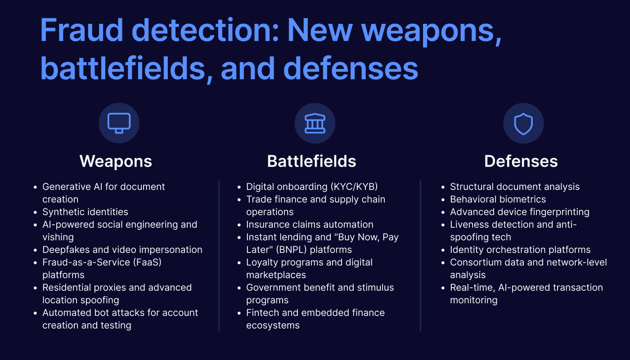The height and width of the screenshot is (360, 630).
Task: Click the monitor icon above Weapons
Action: pyautogui.click(x=119, y=123)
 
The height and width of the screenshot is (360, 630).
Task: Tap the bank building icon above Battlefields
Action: pyautogui.click(x=315, y=123)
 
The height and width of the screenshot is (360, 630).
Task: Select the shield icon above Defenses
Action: pyautogui.click(x=523, y=123)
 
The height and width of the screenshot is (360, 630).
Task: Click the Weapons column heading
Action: pyautogui.click(x=116, y=161)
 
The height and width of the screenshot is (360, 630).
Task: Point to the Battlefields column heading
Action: pyautogui.click(x=311, y=161)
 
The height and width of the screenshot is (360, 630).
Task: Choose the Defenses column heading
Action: pyautogui.click(x=521, y=161)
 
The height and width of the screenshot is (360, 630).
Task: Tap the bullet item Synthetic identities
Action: pyautogui.click(x=85, y=212)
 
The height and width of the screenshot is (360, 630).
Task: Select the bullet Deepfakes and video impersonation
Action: pyautogui.click(x=122, y=250)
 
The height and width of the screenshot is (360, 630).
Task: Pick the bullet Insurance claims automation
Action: pyautogui.click(x=310, y=225)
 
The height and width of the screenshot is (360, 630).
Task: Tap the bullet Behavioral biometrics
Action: pyautogui.click(x=498, y=199)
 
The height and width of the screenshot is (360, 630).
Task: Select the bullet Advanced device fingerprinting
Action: pyautogui.click(x=519, y=212)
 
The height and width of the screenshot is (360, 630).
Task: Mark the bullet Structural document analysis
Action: pyautogui.click(x=514, y=187)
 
